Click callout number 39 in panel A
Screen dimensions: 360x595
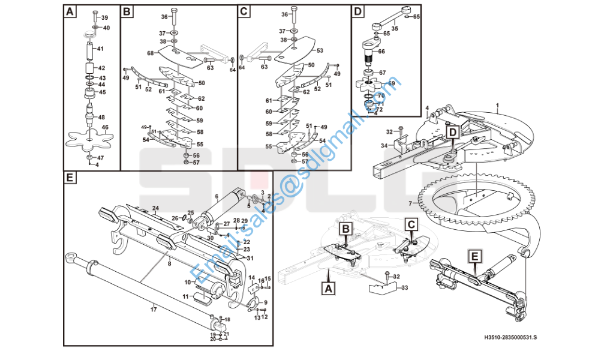pos(104,18)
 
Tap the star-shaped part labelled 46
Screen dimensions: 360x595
pos(88,137)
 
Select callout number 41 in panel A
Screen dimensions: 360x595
pos(100,49)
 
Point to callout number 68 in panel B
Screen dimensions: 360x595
pos(151,53)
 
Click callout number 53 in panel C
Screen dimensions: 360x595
pos(320,51)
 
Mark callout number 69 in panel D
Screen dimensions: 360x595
pos(392,83)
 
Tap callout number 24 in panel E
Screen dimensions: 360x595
pos(155,208)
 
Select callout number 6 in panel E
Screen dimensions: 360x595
pos(217,196)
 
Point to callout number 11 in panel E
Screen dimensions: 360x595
pos(185,296)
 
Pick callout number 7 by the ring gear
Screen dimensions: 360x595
pos(410,203)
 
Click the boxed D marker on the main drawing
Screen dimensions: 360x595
pos(452,131)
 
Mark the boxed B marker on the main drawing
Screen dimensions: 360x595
pos(346,229)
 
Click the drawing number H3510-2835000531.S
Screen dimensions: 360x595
pos(510,338)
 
